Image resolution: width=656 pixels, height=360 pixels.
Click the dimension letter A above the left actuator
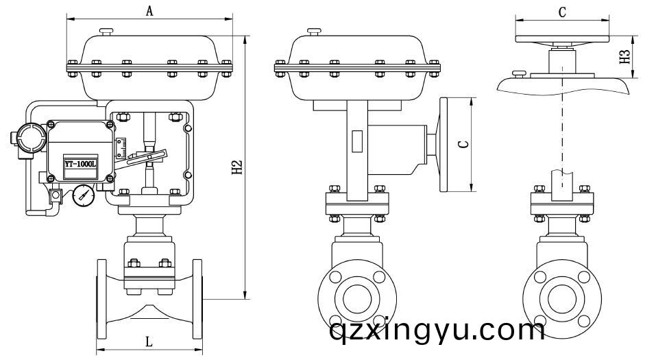point(149,11)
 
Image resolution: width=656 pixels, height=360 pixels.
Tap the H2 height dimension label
point(237,167)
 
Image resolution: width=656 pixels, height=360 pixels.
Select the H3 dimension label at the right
point(624,56)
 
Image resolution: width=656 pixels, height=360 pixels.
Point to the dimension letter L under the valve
point(149,341)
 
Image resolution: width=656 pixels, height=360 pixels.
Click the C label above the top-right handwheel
point(562,12)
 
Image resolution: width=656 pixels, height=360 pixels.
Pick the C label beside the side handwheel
point(463,145)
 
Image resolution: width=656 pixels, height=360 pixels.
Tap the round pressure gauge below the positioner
point(84,195)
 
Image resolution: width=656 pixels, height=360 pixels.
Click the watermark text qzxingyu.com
point(437,331)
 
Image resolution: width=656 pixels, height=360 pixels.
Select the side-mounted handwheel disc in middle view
point(444,145)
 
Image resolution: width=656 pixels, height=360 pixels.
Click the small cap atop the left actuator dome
point(106,32)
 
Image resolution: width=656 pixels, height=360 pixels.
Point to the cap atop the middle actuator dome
point(314,32)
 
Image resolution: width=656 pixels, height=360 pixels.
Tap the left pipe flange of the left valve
point(101,299)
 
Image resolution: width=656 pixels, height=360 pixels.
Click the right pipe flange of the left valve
point(197,299)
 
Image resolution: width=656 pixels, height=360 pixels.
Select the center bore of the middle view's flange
point(357,298)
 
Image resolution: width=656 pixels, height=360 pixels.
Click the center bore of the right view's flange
point(562,298)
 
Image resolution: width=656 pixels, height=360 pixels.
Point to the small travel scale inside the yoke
point(121,148)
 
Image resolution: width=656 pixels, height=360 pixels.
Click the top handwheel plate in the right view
point(562,39)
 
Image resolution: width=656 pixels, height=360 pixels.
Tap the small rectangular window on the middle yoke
point(357,141)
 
